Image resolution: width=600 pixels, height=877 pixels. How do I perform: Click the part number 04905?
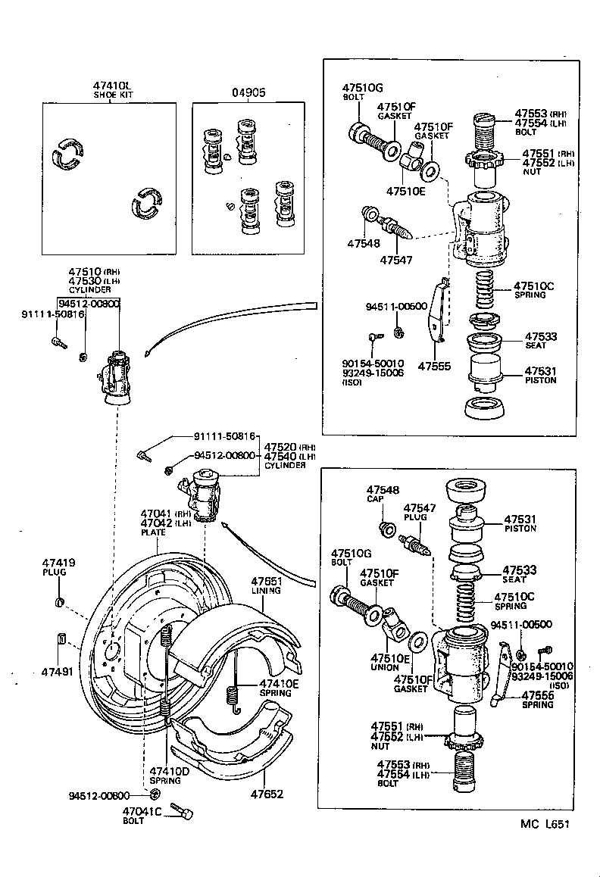tap(248, 92)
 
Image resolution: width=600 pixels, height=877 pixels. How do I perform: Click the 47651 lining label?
tap(264, 586)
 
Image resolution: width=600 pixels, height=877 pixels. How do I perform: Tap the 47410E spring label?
tap(279, 688)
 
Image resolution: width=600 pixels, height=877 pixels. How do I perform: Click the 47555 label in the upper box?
tap(434, 366)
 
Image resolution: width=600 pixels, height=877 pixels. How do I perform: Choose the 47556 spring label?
tap(536, 699)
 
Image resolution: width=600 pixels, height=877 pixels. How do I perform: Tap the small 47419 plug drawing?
tap(58, 603)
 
